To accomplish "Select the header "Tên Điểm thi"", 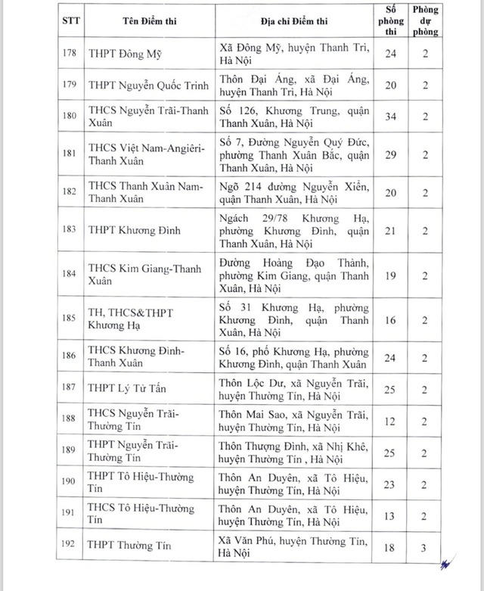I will [x=137, y=20].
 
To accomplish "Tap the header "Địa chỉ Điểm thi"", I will [x=292, y=20].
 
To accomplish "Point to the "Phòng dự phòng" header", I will [x=426, y=20].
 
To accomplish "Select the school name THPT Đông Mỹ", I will [x=125, y=54].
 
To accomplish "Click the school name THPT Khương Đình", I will [x=133, y=229].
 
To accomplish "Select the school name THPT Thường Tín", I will [x=129, y=546].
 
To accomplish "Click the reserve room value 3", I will [x=426, y=546].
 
